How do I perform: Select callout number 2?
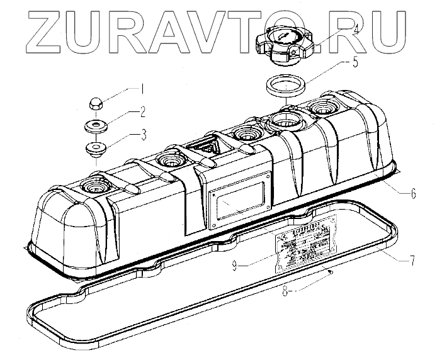pyautogui.click(x=143, y=113)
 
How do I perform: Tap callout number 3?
pyautogui.click(x=143, y=133)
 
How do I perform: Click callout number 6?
pyautogui.click(x=413, y=193)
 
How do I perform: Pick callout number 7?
pyautogui.click(x=412, y=259)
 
